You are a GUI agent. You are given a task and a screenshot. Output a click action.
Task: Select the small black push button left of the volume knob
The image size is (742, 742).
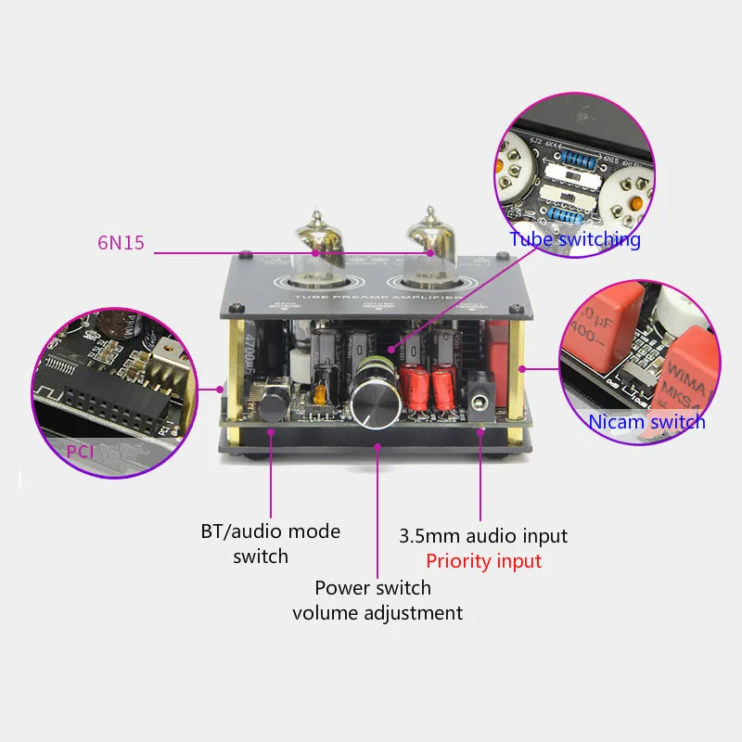[272, 404]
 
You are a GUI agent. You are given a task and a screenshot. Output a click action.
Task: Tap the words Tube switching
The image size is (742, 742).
[574, 239]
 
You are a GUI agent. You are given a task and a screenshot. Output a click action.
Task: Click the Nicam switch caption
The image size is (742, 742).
[646, 422]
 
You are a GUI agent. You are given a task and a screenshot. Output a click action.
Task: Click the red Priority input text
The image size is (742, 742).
[483, 561]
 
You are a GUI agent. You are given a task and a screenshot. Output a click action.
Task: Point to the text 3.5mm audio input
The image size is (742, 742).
[482, 536]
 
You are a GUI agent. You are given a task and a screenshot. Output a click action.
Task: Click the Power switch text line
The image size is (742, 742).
[373, 588]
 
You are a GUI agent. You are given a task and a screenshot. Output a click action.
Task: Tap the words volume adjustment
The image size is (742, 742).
[377, 612]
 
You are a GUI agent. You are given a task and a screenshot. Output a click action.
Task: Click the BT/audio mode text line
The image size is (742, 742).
[270, 531]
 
